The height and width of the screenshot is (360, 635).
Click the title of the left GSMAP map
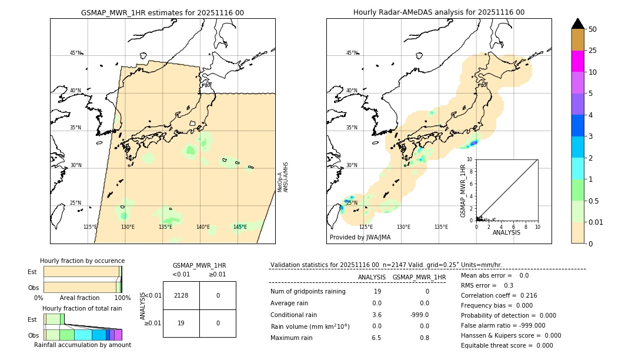162,12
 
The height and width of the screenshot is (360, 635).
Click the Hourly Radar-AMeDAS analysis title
439,12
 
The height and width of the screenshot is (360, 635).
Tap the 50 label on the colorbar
593,29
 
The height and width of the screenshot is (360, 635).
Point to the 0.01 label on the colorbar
596,222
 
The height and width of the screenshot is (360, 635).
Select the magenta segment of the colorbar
577,61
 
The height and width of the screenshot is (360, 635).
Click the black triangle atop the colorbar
577,24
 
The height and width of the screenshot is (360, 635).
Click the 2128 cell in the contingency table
181,295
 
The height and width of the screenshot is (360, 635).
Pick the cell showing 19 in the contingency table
181,323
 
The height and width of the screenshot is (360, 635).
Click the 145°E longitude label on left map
240,227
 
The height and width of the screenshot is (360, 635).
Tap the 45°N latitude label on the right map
352,53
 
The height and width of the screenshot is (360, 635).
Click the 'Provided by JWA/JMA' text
360,238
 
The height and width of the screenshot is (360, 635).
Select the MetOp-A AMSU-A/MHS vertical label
283,177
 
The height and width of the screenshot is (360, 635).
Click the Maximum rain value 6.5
376,338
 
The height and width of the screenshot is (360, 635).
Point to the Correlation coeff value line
499,295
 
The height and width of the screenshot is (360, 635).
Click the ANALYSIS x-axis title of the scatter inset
507,232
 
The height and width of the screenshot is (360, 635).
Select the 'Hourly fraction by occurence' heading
82,261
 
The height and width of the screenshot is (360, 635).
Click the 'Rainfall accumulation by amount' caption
82,345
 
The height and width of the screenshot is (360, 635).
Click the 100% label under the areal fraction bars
122,298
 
